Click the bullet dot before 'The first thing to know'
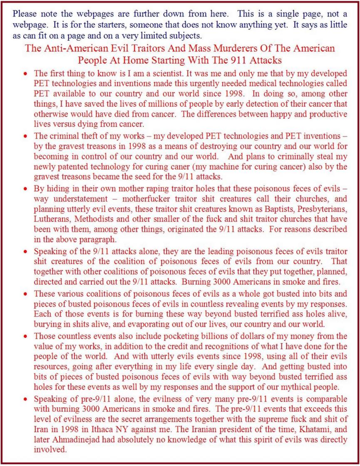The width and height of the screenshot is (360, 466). point(26,72)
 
